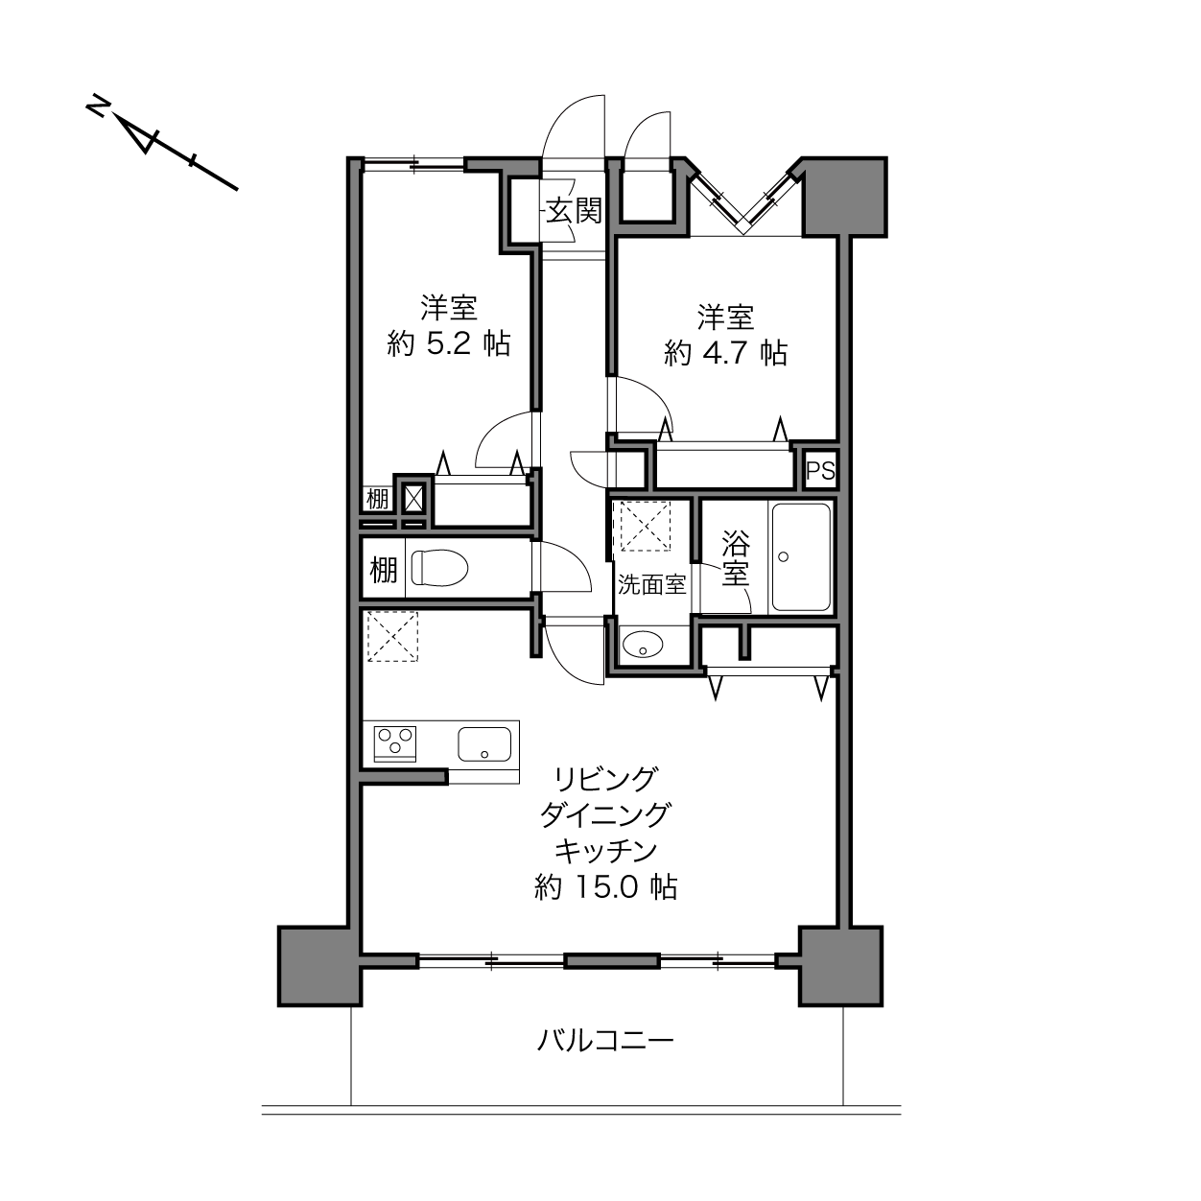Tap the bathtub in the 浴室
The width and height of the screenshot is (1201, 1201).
[801, 557]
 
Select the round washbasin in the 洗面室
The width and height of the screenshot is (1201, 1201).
[643, 644]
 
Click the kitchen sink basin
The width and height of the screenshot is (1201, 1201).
[484, 744]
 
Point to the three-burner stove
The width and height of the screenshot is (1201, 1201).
[394, 744]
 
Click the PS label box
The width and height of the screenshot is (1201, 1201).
[820, 471]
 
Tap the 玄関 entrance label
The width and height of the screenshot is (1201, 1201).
[574, 211]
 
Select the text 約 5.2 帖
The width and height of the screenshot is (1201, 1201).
[449, 343]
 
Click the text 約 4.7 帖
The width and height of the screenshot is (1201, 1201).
[725, 353]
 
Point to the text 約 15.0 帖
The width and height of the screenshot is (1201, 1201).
[606, 886]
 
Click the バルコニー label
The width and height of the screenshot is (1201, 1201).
[605, 1040]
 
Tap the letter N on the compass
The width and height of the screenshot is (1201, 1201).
[97, 106]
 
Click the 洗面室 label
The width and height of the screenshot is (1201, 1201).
[651, 584]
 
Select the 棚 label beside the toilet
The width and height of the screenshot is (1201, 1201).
[384, 569]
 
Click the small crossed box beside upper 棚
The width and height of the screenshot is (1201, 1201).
[413, 498]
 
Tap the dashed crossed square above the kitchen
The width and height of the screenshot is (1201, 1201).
[392, 636]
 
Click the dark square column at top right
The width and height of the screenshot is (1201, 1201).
[844, 197]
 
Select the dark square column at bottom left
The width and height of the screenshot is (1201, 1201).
[319, 966]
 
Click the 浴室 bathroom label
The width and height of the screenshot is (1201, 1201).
[736, 557]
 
